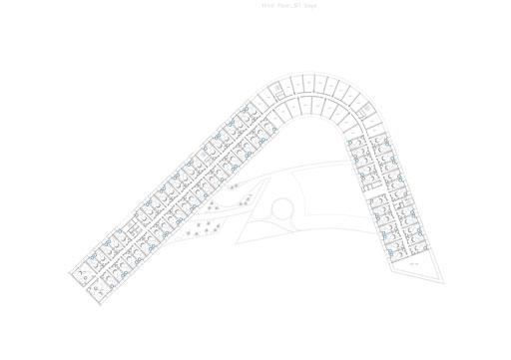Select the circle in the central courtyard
coord(283,207)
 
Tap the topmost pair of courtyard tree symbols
coord(233,185)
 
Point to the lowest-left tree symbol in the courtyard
coord(188,234)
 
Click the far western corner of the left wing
coord(70,271)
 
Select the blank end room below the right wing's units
coord(412,260)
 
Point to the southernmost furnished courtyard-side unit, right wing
coord(383,240)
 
